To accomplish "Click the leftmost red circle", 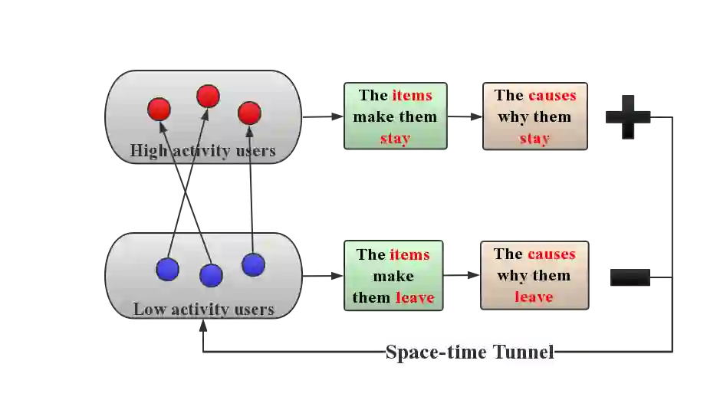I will pyautogui.click(x=159, y=109).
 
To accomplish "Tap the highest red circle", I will pyautogui.click(x=208, y=97).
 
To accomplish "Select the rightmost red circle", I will pyautogui.click(x=249, y=113).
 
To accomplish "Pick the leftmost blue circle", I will pyautogui.click(x=167, y=270).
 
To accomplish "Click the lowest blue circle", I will pyautogui.click(x=211, y=275).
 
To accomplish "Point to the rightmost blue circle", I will pyautogui.click(x=253, y=264).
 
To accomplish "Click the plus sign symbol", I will pyautogui.click(x=629, y=116).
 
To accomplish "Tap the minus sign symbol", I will pyautogui.click(x=629, y=276).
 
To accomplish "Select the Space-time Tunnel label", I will pyautogui.click(x=468, y=352).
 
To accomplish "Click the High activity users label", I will pyautogui.click(x=202, y=150).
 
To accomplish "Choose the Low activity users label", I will pyautogui.click(x=203, y=310).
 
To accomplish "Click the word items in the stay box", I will pyautogui.click(x=412, y=96).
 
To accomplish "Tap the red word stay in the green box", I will pyautogui.click(x=395, y=139).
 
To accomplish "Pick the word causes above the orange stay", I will pyautogui.click(x=551, y=96).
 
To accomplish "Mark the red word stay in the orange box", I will pyautogui.click(x=534, y=139).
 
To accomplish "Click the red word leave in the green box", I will pyautogui.click(x=415, y=297).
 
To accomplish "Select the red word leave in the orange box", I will pyautogui.click(x=534, y=297).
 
